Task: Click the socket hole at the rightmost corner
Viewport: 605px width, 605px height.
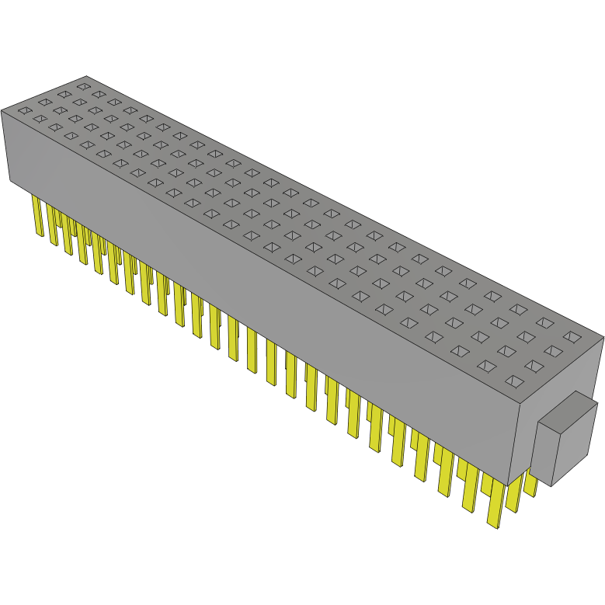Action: pyautogui.click(x=572, y=336)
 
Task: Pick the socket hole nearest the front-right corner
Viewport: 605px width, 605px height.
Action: pyautogui.click(x=514, y=381)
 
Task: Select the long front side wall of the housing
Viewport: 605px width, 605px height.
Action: pyautogui.click(x=256, y=295)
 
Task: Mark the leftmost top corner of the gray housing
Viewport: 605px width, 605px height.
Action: pyautogui.click(x=2, y=110)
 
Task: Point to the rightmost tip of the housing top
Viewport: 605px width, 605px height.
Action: pyautogui.click(x=603, y=336)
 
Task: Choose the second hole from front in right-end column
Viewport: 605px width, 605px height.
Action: pyautogui.click(x=534, y=365)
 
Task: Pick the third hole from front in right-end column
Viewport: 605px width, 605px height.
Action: pyautogui.click(x=552, y=351)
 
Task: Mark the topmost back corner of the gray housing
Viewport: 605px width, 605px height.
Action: pyautogui.click(x=86, y=76)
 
